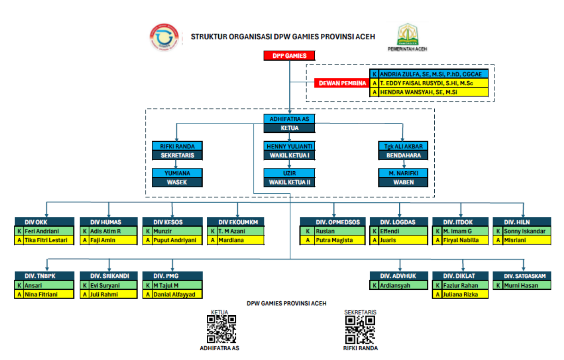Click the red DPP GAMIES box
click(289, 56)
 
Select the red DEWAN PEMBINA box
click(342, 83)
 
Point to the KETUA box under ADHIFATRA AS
click(289, 128)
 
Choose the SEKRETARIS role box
click(177, 156)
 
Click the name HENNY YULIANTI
click(289, 146)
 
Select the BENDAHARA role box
click(403, 156)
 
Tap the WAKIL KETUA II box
click(289, 182)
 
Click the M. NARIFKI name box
click(403, 173)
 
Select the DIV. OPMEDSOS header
click(333, 222)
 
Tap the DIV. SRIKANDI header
click(108, 276)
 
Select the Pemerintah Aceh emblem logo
click(407, 34)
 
